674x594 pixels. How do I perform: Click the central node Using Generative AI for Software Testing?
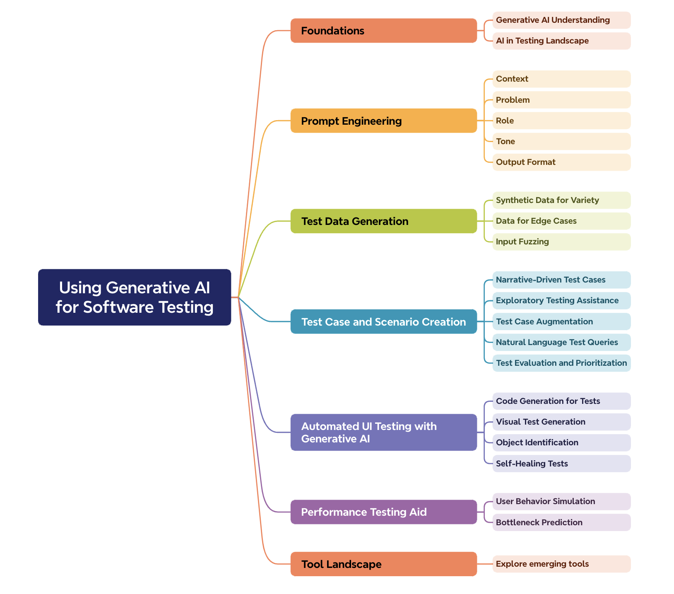135,297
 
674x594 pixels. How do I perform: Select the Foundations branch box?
383,31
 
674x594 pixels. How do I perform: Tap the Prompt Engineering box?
383,121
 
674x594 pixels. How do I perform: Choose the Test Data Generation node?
383,221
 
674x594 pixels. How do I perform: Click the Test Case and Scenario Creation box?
383,321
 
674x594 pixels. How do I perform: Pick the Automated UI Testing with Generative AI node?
383,432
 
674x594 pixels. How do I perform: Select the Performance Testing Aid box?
383,512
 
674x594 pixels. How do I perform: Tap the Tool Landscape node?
383,564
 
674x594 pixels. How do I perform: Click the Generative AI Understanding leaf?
561,20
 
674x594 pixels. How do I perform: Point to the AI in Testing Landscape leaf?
561,41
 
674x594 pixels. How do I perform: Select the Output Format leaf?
561,162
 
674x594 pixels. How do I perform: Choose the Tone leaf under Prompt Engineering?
561,141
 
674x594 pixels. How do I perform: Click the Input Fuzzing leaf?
561,241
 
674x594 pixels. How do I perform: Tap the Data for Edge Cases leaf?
561,221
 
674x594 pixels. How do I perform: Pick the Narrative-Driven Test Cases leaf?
561,280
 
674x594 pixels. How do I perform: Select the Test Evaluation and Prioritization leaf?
561,363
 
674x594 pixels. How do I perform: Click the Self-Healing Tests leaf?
561,464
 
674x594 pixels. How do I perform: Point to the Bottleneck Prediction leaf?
561,522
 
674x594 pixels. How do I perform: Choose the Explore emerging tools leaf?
561,564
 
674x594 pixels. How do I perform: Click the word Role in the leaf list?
505,121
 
